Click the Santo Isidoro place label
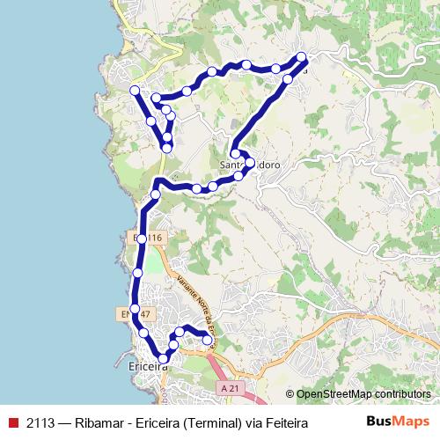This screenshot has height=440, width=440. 250,165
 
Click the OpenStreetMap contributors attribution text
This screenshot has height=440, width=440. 357,394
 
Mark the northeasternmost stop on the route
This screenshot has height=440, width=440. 302,57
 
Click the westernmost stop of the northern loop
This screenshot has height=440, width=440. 135,90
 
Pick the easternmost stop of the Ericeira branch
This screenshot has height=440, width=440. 209,339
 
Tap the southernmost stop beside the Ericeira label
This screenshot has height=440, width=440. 164,357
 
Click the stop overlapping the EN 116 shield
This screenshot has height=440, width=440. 142,238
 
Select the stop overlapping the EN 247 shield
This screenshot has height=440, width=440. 134,308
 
